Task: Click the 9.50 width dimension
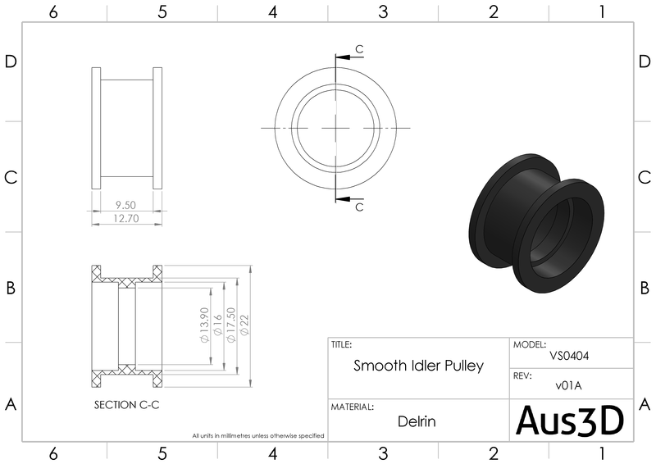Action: (125, 205)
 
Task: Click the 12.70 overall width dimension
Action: (125, 218)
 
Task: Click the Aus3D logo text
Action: (570, 420)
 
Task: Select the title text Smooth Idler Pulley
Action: (418, 366)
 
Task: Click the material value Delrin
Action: (417, 422)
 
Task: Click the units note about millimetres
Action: (258, 435)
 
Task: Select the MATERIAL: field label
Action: (353, 407)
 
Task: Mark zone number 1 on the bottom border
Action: (602, 453)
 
